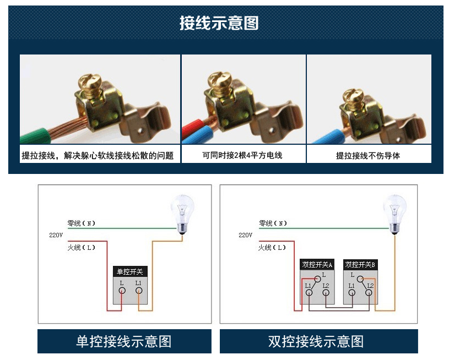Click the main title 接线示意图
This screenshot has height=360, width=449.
(219, 23)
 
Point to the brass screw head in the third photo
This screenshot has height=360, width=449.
(353, 95)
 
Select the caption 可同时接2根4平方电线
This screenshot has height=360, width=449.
(242, 155)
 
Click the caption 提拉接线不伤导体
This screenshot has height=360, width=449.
(368, 156)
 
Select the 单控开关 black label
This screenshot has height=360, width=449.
(130, 271)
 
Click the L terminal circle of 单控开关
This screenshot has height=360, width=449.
(122, 291)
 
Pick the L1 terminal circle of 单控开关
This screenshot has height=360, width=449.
(139, 291)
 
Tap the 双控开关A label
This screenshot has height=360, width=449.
(317, 265)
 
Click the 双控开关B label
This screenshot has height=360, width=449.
(360, 265)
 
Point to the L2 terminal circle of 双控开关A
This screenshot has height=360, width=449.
(326, 293)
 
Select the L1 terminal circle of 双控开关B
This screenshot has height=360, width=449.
(351, 293)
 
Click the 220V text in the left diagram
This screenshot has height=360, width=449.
(56, 235)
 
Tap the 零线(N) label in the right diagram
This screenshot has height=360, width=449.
(273, 223)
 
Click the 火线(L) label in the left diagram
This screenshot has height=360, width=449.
(81, 248)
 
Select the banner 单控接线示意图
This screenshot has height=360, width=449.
(124, 341)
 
